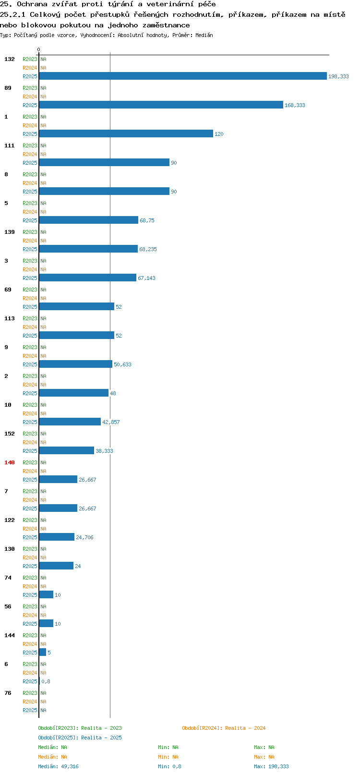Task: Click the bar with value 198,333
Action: point(183,76)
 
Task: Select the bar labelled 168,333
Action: point(161,105)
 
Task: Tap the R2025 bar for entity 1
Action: point(126,133)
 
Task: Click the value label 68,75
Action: point(147,220)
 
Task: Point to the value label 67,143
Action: point(146,278)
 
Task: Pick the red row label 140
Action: point(9,462)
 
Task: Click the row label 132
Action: point(9,59)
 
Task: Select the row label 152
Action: point(9,434)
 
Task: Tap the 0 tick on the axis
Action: point(39,49)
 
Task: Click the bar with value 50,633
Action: point(76,364)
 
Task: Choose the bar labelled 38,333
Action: point(66,450)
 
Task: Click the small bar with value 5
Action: point(43,652)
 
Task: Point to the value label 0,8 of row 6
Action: point(46,681)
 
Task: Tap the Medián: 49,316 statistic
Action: point(58,766)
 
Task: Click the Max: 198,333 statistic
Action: point(272,766)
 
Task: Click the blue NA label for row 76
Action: point(43,710)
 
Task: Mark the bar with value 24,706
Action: point(57,537)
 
